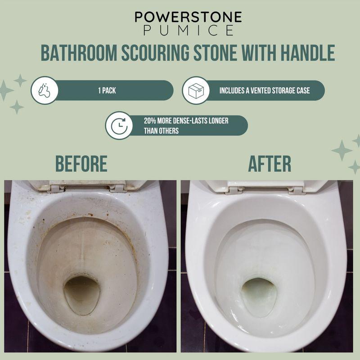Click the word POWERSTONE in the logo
(x=188, y=17)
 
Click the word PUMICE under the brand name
(x=188, y=31)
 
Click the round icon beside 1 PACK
(x=45, y=90)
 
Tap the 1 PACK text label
(x=107, y=90)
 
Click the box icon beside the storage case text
(x=195, y=90)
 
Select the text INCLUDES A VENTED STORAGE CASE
(x=264, y=90)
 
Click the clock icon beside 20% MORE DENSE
(x=119, y=126)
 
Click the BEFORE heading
(x=81, y=164)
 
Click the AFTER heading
(x=270, y=164)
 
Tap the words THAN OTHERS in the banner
(x=162, y=131)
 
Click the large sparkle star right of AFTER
(x=342, y=150)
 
